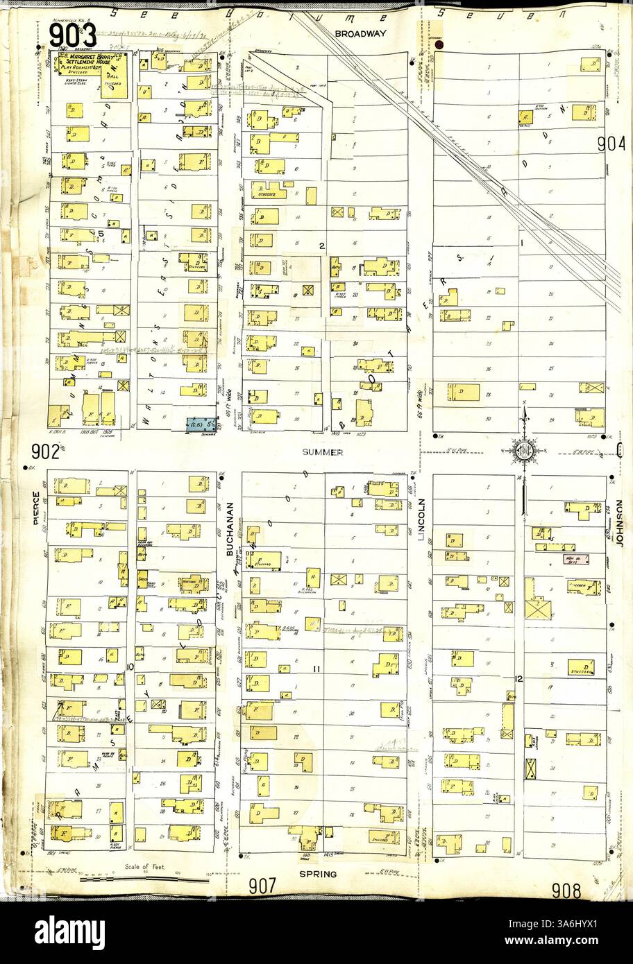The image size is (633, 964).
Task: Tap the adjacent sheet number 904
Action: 611,144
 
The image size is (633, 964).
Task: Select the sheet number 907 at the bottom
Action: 264,886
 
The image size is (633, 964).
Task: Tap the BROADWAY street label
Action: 355,33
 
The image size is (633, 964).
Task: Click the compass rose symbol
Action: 525,451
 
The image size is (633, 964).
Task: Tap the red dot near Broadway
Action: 438,46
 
